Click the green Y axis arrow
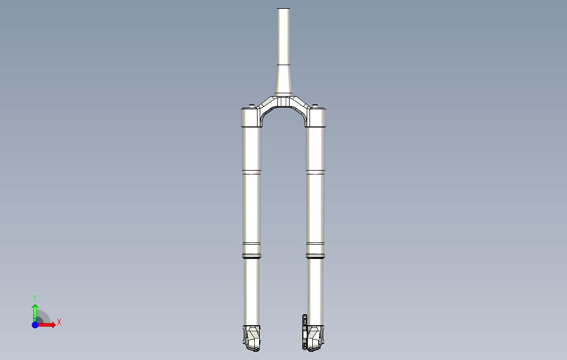pyautogui.click(x=35, y=313)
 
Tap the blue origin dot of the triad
pyautogui.click(x=35, y=325)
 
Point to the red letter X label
pyautogui.click(x=59, y=322)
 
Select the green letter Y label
pyautogui.click(x=35, y=298)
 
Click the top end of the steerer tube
pyautogui.click(x=283, y=9)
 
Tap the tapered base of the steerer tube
pyautogui.click(x=283, y=80)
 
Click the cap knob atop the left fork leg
pyautogui.click(x=251, y=106)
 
